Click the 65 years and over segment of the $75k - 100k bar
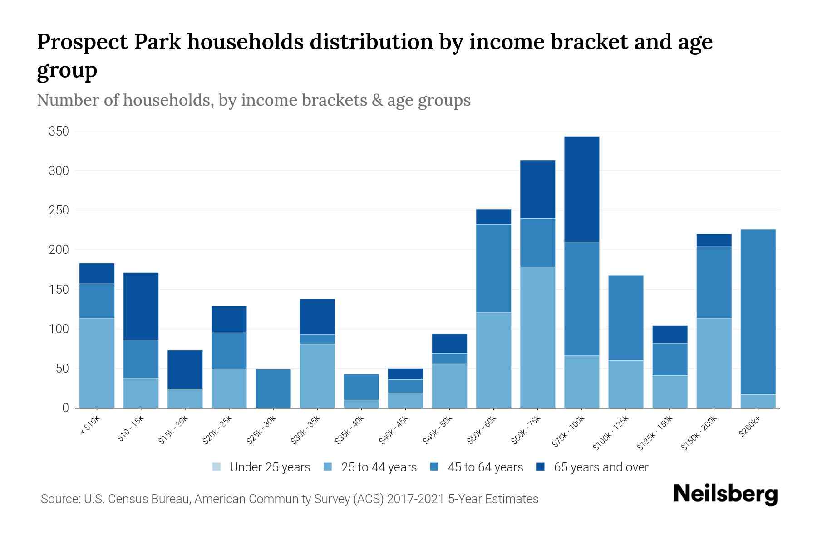pos(581,189)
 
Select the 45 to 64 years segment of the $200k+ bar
pos(758,312)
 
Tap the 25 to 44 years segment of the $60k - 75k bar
pos(537,337)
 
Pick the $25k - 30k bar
pos(273,389)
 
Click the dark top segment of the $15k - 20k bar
pos(185,369)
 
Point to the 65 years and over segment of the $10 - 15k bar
pos(141,306)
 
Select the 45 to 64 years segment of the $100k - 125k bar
pos(625,318)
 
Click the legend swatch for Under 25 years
pos(217,467)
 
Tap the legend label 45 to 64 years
pos(485,467)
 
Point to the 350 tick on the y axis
pos(59,131)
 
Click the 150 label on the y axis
pos(59,289)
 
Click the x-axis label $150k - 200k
pos(699,433)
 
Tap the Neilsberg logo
pos(725,494)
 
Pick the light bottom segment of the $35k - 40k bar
pos(361,403)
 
